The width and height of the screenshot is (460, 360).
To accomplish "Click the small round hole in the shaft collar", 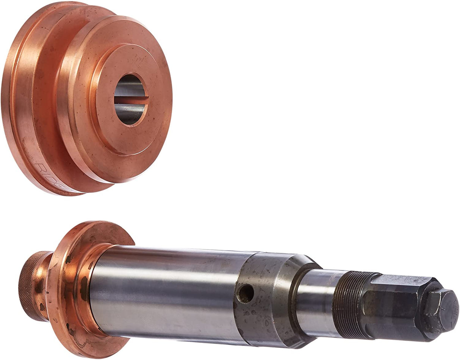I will point(246,293).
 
